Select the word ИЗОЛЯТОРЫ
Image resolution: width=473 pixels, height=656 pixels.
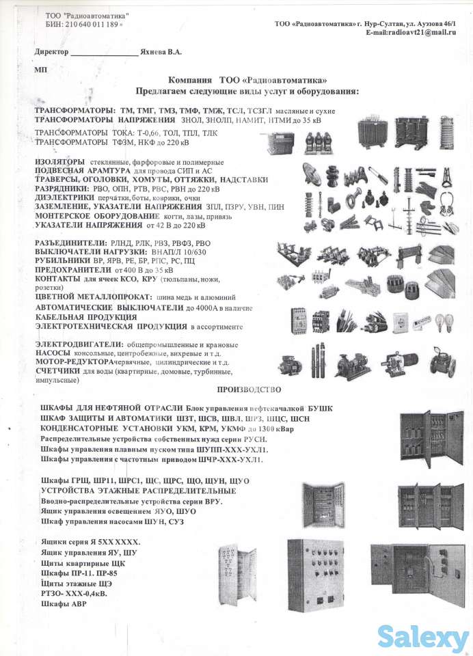click(x=60, y=161)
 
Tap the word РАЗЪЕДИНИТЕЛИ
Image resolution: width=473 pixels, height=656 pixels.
click(x=70, y=243)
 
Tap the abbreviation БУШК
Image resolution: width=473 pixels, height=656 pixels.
click(x=321, y=408)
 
